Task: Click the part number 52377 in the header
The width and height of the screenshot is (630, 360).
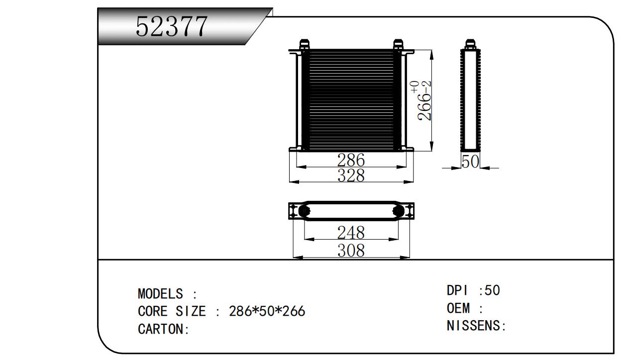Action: [x=171, y=27]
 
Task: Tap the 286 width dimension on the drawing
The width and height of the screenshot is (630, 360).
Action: [x=351, y=160]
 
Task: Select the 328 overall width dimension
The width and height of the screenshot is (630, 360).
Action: [x=351, y=176]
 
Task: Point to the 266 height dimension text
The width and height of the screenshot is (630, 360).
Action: [x=424, y=107]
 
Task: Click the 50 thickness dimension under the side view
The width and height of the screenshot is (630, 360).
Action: [x=470, y=162]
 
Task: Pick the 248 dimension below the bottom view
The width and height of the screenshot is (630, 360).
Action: [x=351, y=233]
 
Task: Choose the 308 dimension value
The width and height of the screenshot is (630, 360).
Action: [x=351, y=251]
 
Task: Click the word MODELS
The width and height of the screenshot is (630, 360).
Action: [x=160, y=294]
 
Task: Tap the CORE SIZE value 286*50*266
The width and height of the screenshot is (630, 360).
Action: [x=267, y=311]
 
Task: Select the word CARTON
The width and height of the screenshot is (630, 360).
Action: [x=160, y=329]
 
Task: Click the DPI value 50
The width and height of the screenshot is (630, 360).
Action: [x=493, y=290]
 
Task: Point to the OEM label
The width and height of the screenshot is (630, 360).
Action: [x=458, y=308]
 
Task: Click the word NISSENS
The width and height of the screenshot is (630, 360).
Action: [x=473, y=326]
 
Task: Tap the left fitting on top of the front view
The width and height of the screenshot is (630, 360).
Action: [x=305, y=44]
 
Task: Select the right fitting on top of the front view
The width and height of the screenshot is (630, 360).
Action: [x=398, y=44]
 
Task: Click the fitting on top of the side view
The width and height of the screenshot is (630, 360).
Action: [x=470, y=44]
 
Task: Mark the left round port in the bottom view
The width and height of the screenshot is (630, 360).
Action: [x=304, y=211]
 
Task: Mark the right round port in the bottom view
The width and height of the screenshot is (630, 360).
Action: [x=398, y=211]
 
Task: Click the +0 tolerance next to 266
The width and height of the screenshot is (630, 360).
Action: [x=415, y=87]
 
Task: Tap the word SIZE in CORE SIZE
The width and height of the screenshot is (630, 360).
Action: [x=191, y=311]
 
